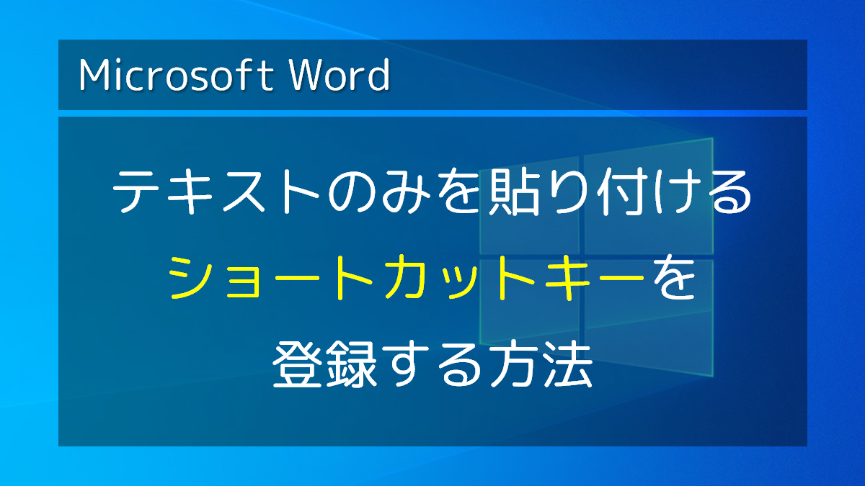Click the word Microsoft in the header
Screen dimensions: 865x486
[x=176, y=75]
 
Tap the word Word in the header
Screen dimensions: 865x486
[x=340, y=75]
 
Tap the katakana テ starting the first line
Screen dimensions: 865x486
[x=136, y=192]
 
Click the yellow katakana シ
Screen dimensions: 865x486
[x=191, y=277]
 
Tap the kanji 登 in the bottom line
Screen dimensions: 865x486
[x=297, y=364]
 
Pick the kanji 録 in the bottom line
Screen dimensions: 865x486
[x=351, y=364]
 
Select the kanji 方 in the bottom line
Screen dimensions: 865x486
[x=513, y=364]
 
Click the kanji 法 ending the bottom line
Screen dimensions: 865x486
[x=568, y=364]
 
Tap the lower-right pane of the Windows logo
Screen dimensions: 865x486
[x=649, y=318]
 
